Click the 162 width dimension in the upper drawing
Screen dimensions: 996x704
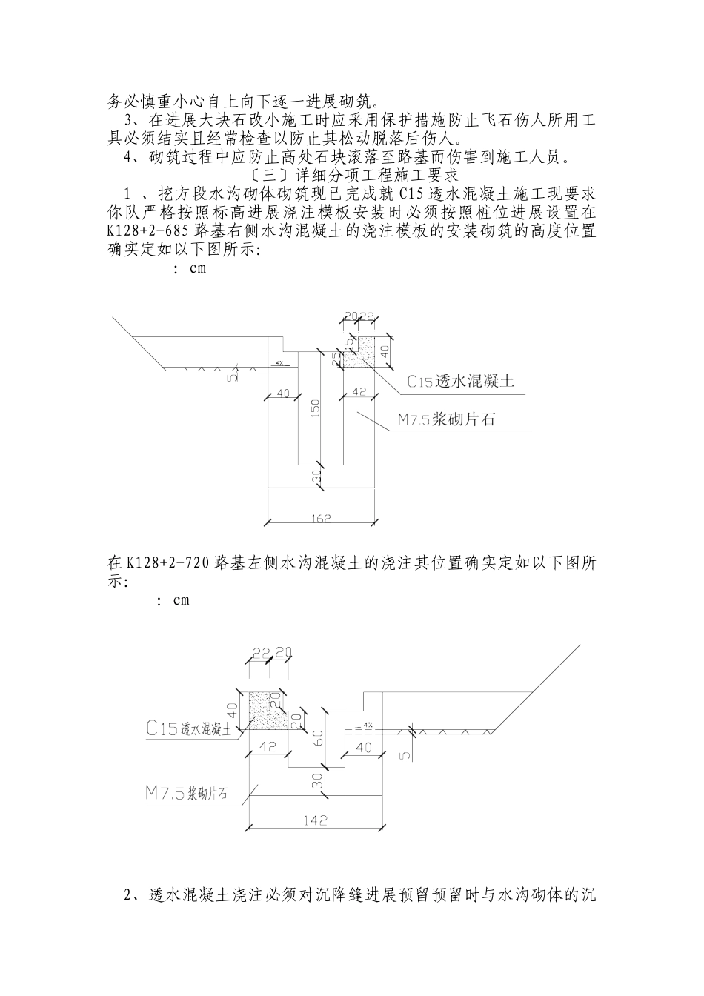[x=322, y=516]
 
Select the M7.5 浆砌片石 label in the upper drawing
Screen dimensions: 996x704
[x=446, y=420]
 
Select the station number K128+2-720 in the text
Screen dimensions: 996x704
[x=168, y=562]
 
